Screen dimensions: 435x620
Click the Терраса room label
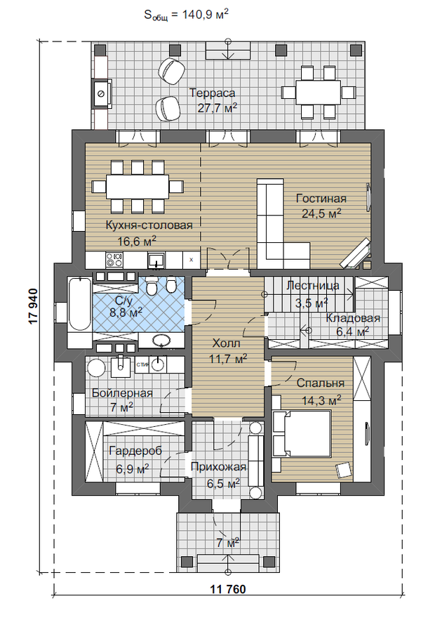[x=212, y=93]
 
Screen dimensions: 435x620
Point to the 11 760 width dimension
[x=228, y=589]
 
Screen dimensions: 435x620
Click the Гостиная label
[x=321, y=198]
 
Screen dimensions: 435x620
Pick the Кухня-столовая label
[x=149, y=225]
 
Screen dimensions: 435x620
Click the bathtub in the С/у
[x=79, y=303]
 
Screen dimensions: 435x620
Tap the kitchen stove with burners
[x=115, y=259]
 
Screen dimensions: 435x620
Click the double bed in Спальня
[x=302, y=434]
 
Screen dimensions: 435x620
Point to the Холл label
[x=226, y=343]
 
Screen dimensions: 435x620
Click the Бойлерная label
[x=122, y=393]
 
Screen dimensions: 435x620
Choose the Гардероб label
[x=135, y=451]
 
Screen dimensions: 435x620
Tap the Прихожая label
[x=218, y=467]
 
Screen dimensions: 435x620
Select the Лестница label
[x=312, y=286]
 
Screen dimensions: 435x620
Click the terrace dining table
[x=319, y=92]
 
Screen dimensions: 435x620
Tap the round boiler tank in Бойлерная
[x=96, y=368]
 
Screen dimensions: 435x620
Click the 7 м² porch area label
[x=228, y=543]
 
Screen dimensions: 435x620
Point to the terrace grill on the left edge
[x=102, y=93]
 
